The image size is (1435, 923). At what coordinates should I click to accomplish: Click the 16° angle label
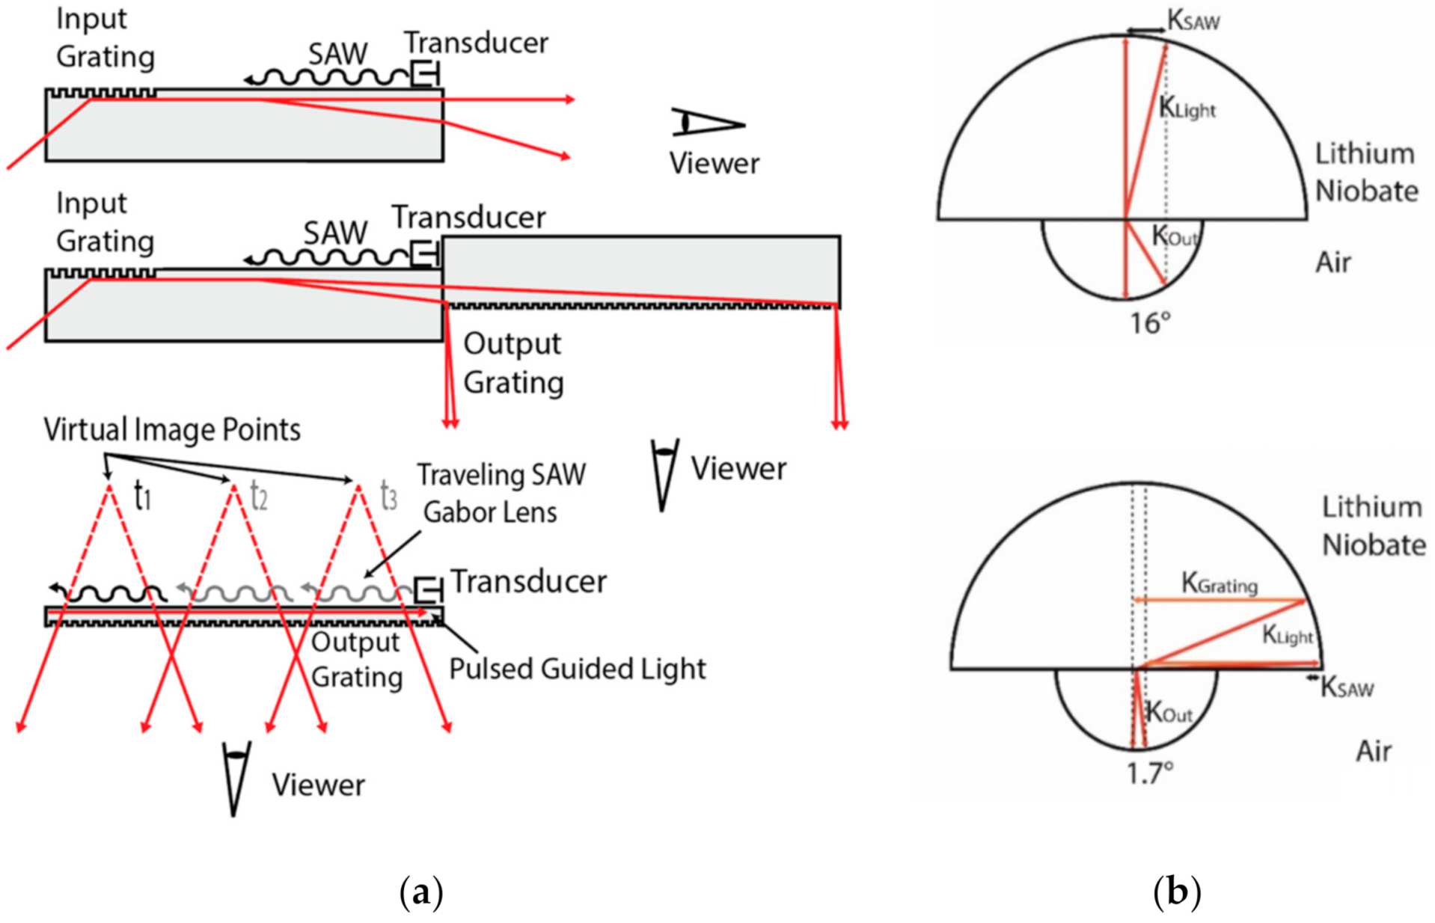point(1149,323)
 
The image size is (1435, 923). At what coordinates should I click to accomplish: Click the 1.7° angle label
point(1150,772)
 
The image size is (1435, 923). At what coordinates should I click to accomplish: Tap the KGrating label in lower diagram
point(1219,583)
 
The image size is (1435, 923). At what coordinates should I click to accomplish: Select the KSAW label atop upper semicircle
point(1193,21)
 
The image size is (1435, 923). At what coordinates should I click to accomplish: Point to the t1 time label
point(142,496)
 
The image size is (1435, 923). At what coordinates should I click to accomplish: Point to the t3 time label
point(388,496)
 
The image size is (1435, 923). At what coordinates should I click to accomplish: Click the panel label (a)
point(421,892)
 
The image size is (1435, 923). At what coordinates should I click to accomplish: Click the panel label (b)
point(1176,892)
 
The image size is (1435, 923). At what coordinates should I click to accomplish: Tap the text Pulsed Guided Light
point(577,669)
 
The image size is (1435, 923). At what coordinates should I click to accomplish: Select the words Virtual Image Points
point(172,430)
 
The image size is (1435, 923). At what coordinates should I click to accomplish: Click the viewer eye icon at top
point(707,123)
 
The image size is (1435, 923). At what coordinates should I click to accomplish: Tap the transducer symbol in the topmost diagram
point(425,74)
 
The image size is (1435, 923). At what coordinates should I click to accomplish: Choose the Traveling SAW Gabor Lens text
point(500,494)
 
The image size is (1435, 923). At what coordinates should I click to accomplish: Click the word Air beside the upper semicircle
point(1332,263)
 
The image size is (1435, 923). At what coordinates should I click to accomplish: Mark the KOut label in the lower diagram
point(1168,713)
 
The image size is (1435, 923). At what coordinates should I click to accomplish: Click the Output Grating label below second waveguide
point(513,363)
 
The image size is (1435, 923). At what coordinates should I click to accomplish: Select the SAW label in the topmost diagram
point(338,53)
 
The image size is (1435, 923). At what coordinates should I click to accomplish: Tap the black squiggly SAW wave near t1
point(112,594)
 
